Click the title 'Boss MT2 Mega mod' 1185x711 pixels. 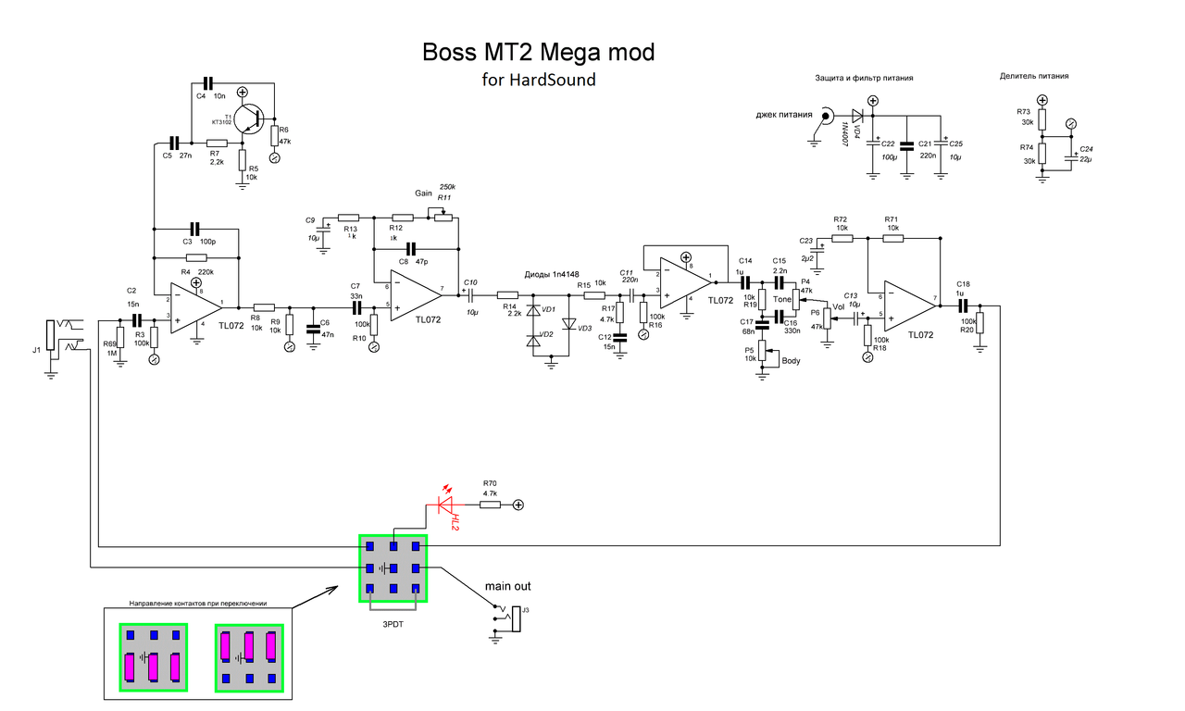pos(538,52)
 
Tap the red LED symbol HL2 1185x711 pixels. pos(448,505)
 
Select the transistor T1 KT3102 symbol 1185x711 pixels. pos(249,118)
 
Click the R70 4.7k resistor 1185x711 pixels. pos(489,505)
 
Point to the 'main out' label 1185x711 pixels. pos(508,586)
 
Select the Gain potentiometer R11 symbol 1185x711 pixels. pos(443,217)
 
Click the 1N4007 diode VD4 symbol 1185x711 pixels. pos(856,116)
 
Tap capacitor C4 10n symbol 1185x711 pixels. pos(206,83)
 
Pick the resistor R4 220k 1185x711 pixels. pos(196,257)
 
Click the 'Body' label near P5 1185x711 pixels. pos(791,360)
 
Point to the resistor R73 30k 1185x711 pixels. pos(1042,119)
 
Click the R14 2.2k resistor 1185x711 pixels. pos(507,294)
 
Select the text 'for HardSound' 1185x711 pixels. pos(539,80)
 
